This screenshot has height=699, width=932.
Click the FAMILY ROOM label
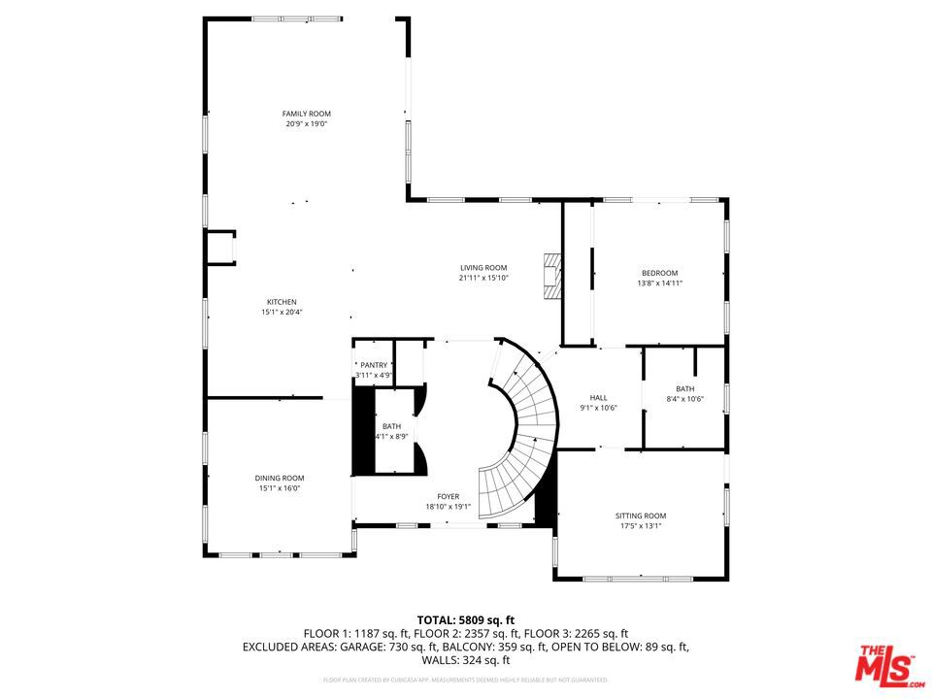click(306, 114)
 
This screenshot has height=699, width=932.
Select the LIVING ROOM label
click(483, 268)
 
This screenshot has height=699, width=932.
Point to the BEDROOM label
click(659, 273)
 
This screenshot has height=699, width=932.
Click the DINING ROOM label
click(280, 478)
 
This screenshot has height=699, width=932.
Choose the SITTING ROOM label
click(641, 516)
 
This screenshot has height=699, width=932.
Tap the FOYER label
click(448, 496)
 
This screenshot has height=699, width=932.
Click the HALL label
click(599, 397)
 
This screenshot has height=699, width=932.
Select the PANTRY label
click(374, 365)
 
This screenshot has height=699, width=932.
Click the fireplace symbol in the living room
click(553, 277)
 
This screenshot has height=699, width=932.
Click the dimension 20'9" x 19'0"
click(306, 124)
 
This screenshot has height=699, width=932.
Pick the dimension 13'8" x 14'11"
click(659, 283)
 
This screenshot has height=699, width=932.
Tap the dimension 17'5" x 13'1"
click(641, 526)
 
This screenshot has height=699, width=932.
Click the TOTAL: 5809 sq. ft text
click(466, 618)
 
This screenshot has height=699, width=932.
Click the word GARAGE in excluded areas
click(355, 646)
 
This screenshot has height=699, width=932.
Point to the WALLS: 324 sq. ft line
click(466, 659)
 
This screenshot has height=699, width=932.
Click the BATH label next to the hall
click(684, 388)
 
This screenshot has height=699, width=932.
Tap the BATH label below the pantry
click(391, 426)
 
